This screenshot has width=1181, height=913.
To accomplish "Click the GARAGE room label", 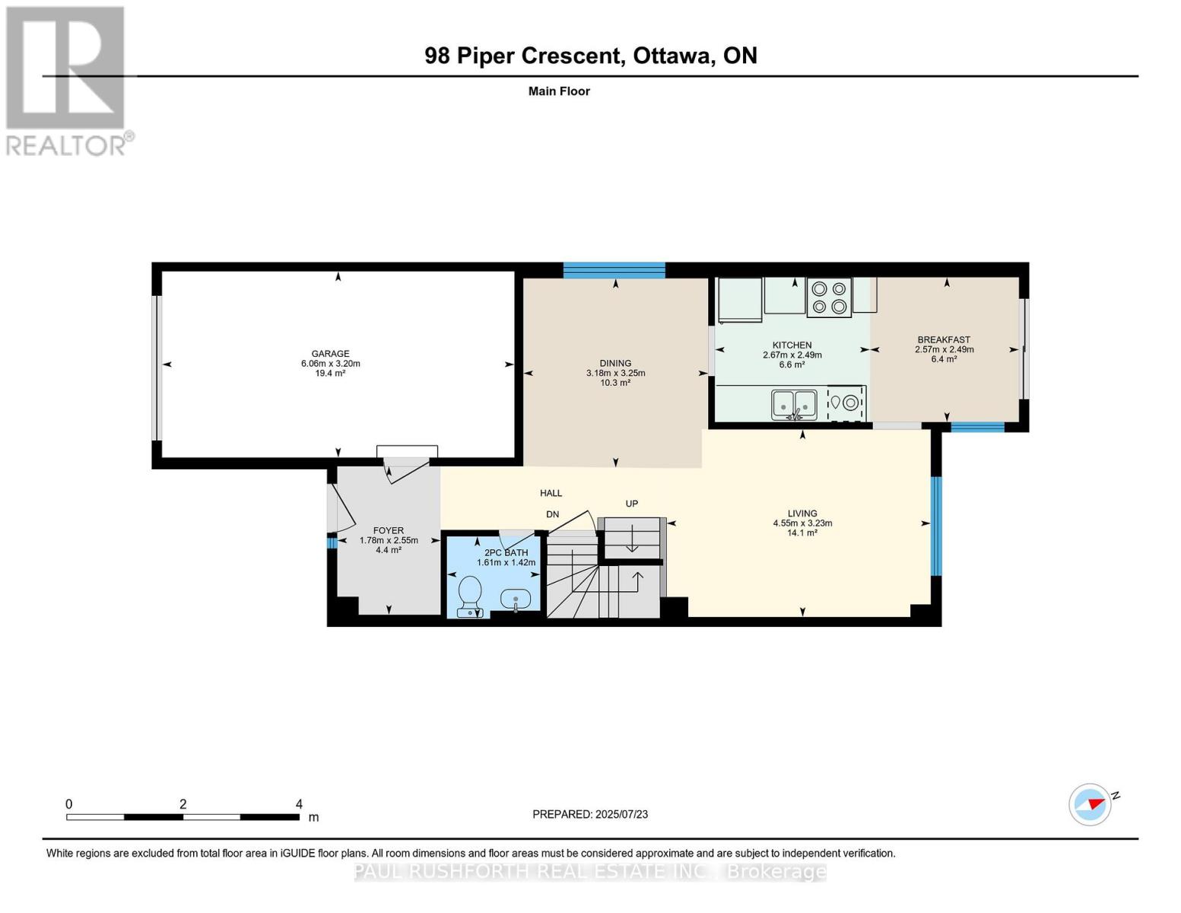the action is pos(330,354).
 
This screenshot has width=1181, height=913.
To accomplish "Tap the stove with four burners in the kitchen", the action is pos(828,297).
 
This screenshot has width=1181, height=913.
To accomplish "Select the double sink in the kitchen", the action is pos(793,405).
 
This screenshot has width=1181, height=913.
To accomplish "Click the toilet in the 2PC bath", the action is pos(469,596).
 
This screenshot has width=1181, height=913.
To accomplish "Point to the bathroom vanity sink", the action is pos(515,600).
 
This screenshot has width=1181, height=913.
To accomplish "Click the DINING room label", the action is pos(615,363).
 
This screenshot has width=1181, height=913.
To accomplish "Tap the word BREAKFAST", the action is pos(944,340).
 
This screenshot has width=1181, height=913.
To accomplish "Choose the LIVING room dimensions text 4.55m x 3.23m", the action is pos(802,523).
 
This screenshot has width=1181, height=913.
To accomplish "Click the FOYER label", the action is pos(388,531).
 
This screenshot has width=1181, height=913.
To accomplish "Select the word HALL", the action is pos(551,493).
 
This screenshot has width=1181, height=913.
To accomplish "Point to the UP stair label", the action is pos(631,504).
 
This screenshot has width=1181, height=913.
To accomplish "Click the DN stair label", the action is pos(552,514).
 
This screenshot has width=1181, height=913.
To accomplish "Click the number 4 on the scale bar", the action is pos(298,803).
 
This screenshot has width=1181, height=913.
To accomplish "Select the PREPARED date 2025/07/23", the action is pos(621,815).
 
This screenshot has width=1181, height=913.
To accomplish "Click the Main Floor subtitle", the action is pos(559,91).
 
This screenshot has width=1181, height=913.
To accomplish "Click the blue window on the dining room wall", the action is pos(614,270).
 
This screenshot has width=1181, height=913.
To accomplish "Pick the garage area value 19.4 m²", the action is pos(330,374).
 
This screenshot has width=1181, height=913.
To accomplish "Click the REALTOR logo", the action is pos(69,81).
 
